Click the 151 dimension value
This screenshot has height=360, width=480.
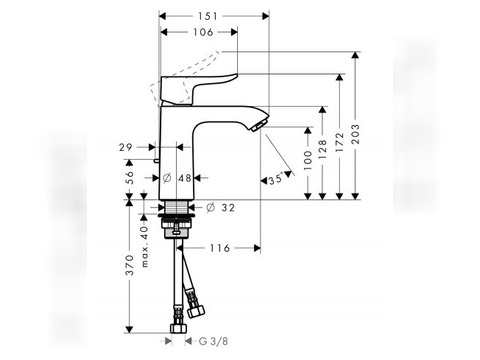tap(207, 16)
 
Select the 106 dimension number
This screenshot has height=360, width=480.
tap(203, 32)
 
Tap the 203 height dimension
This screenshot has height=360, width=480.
tap(356, 134)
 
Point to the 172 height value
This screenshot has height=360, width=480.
tap(339, 142)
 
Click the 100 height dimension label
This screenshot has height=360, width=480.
tap(308, 160)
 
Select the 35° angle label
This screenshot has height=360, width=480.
tap(276, 179)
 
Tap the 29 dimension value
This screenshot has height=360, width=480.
tap(126, 147)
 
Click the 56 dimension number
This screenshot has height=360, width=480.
tap(129, 177)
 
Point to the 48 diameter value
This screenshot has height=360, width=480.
tap(185, 178)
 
